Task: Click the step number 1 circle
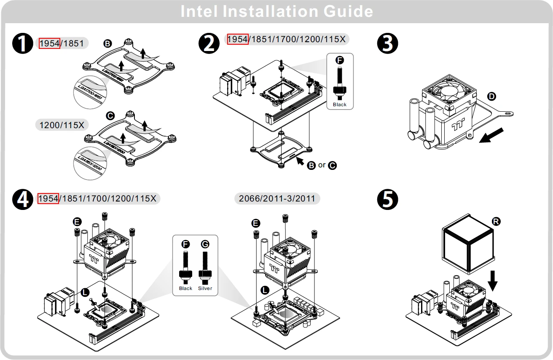[23, 44]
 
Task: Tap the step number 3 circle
[387, 44]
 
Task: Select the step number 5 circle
[387, 200]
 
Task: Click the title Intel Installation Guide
[276, 11]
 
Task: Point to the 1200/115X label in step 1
[62, 125]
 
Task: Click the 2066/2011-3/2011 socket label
[276, 198]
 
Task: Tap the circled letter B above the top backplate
[107, 44]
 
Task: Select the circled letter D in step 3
[491, 97]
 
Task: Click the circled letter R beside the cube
[497, 221]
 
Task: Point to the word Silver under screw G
[205, 288]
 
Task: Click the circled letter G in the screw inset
[205, 244]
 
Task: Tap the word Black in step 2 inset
[340, 105]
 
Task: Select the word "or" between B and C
[322, 165]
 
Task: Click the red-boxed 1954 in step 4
[48, 198]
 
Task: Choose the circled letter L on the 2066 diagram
[265, 290]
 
